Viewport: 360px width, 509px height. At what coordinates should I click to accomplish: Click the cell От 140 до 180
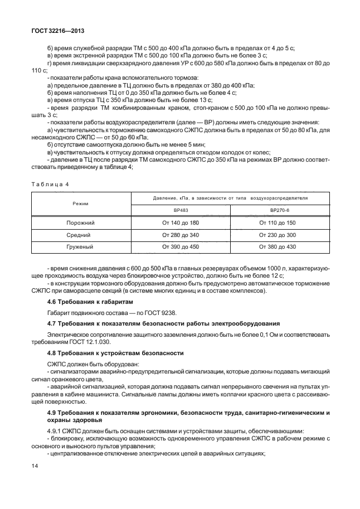[180, 223]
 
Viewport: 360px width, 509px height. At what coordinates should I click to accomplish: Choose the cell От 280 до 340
[180, 235]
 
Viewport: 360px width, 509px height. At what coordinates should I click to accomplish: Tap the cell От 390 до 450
[180, 246]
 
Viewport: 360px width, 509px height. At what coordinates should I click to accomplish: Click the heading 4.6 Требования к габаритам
[90, 302]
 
